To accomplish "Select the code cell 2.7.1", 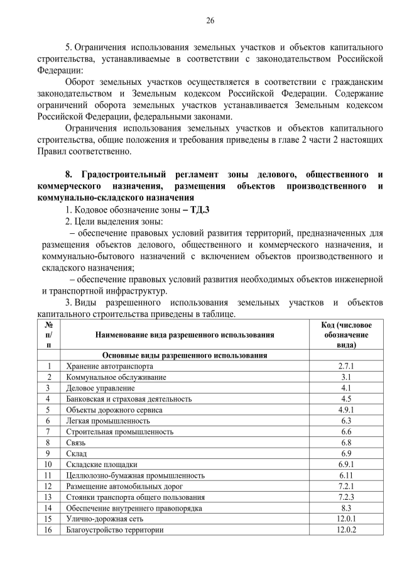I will tap(346, 366).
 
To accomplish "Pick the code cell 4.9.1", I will tap(346, 409).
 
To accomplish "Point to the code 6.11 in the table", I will tap(346, 475).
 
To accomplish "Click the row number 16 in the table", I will tap(48, 530).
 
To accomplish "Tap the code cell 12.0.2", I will tap(346, 530).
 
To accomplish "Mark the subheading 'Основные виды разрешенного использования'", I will tap(185, 355).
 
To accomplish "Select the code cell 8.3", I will tap(346, 508).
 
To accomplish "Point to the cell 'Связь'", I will tap(76, 443).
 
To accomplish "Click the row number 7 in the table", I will tap(48, 431).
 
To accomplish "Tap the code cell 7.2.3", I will tap(346, 497).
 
